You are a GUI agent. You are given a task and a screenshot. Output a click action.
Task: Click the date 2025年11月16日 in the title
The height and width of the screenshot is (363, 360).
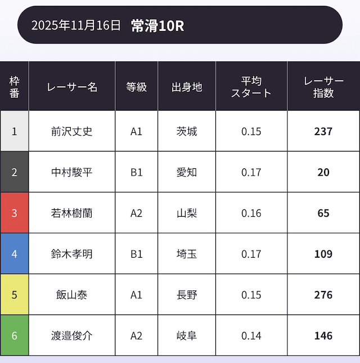[76, 25]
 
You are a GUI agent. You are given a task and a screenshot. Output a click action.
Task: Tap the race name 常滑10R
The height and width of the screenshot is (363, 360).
[157, 25]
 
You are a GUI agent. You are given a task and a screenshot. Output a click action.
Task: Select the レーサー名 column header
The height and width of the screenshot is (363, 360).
[72, 87]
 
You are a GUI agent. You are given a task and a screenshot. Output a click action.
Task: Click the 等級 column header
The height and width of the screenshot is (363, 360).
[137, 87]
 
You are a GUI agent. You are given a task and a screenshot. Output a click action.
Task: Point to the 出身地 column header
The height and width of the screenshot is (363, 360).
[187, 87]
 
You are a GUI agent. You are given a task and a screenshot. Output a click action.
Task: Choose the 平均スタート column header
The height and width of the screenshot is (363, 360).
[251, 87]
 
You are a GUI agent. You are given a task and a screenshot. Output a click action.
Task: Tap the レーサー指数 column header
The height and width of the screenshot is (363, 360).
[323, 87]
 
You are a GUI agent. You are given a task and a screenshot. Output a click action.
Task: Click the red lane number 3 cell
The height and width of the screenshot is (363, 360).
[15, 213]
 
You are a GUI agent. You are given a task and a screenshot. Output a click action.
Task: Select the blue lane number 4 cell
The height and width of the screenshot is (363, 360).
[15, 254]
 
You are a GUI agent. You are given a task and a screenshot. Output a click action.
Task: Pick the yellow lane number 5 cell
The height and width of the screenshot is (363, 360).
[15, 295]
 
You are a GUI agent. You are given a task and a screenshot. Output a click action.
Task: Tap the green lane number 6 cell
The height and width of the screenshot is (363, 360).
[15, 336]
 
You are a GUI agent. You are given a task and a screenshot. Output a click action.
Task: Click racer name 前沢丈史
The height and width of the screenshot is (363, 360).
[72, 132]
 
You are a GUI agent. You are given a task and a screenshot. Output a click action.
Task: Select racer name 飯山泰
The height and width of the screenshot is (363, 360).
[72, 295]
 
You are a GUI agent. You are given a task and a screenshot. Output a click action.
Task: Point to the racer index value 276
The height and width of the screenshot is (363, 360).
[323, 295]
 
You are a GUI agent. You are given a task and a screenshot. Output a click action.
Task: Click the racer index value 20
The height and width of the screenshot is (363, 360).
[323, 172]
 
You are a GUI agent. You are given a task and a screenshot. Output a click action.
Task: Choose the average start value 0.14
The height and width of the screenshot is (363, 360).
[251, 336]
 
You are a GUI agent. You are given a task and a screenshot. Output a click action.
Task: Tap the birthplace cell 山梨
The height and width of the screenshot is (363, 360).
[187, 213]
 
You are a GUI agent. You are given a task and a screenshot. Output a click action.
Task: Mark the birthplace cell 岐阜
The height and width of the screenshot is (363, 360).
[187, 336]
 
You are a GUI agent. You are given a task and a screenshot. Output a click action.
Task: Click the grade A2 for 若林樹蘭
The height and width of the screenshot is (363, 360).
[137, 213]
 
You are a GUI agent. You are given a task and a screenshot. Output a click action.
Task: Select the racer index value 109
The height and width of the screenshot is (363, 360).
[323, 254]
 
